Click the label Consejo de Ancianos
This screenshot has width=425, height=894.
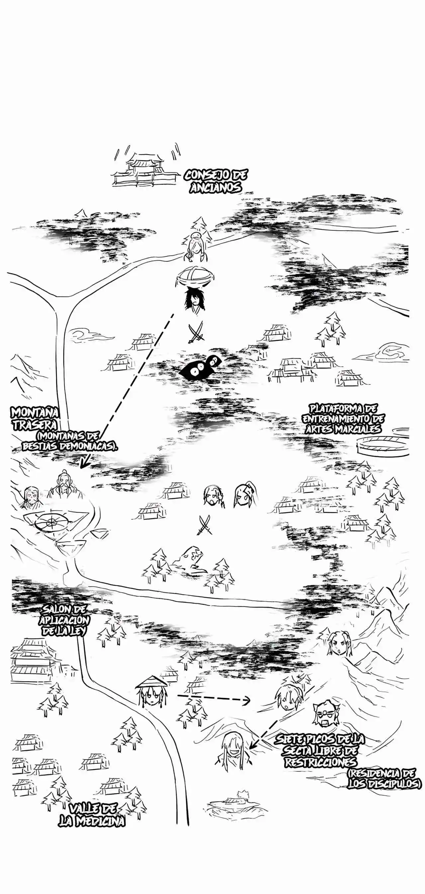click(x=215, y=181)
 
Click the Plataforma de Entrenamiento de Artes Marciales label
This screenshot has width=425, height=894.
click(x=343, y=418)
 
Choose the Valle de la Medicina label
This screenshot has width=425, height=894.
click(x=92, y=814)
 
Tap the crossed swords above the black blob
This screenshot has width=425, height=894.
click(x=196, y=332)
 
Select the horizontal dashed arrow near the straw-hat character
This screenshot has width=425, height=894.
click(x=213, y=698)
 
